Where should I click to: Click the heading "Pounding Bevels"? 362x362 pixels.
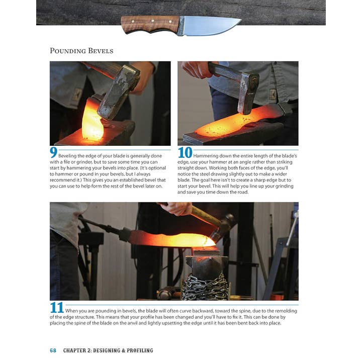[x=81, y=51]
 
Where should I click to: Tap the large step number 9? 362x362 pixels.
[x=53, y=153]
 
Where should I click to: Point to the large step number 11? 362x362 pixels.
[x=56, y=308]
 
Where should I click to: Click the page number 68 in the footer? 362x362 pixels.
[x=53, y=350]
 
